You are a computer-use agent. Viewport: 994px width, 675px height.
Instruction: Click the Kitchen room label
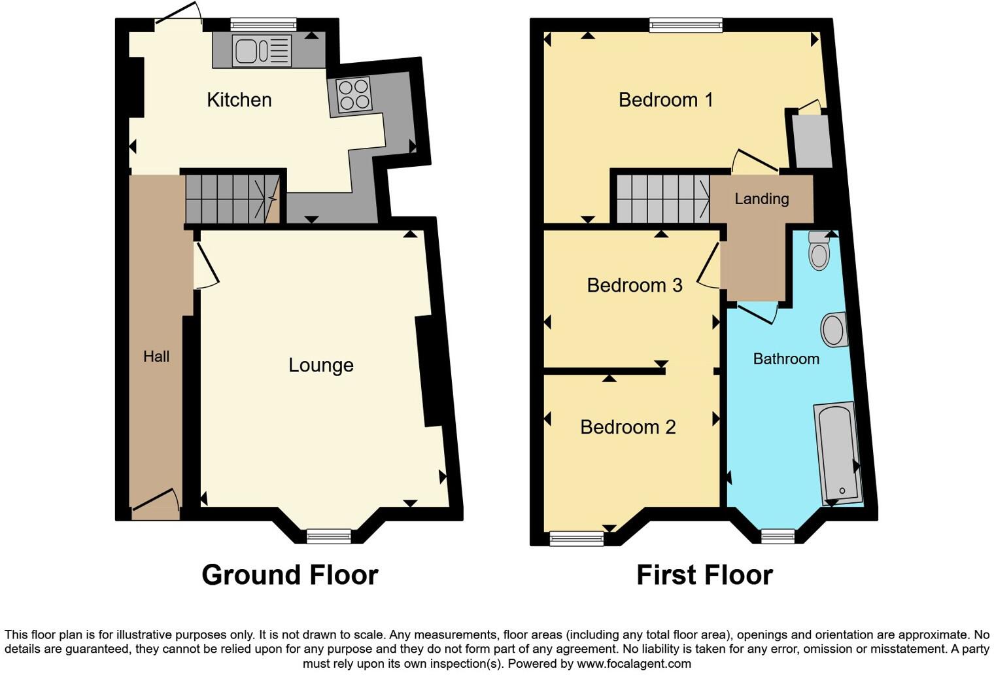coord(239,100)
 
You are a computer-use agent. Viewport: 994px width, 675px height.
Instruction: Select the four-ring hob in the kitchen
coord(354,95)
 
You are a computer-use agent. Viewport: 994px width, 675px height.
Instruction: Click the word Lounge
coord(320,365)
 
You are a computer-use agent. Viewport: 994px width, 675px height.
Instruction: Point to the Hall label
coord(156,356)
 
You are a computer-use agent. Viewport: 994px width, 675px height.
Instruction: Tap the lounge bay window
coord(329,536)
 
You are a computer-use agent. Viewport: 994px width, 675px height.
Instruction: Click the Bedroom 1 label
coord(665,100)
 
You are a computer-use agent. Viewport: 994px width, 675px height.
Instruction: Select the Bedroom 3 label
coord(634,285)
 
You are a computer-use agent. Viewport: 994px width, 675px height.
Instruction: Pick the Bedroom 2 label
coord(627,427)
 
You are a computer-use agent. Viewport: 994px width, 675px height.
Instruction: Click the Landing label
coord(761,199)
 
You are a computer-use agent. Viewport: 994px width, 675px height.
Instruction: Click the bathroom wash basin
coord(833,330)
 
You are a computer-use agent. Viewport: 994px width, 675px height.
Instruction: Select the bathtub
coord(837,453)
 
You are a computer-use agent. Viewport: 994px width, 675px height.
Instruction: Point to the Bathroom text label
coord(785,358)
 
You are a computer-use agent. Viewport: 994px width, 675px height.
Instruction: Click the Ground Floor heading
coord(290,575)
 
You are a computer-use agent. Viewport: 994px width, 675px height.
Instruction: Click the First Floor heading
coord(704,575)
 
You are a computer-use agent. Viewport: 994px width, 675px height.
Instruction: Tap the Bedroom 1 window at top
coord(686,25)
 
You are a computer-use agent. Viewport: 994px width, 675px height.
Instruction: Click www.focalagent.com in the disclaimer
coord(633,664)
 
